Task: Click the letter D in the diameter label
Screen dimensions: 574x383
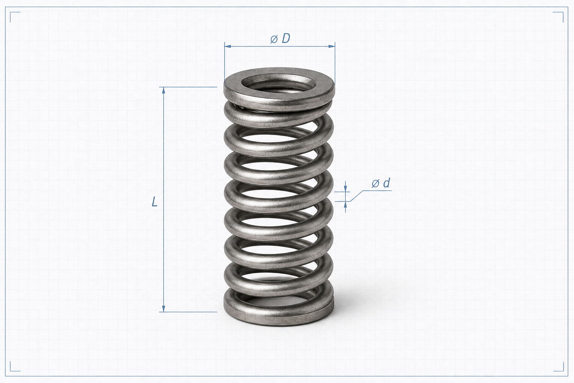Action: pyautogui.click(x=286, y=38)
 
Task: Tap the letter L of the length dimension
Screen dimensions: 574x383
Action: pyautogui.click(x=154, y=202)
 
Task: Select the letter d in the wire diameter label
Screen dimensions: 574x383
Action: pyautogui.click(x=386, y=183)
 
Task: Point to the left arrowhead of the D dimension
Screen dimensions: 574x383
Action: pyautogui.click(x=228, y=46)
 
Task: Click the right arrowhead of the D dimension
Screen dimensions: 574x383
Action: pyautogui.click(x=332, y=46)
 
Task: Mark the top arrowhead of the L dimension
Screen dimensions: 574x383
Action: pyautogui.click(x=163, y=90)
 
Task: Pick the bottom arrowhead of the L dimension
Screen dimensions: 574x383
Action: pyautogui.click(x=163, y=309)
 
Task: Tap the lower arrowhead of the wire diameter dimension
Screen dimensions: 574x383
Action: pyautogui.click(x=345, y=205)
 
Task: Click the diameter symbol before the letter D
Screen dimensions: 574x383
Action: pyautogui.click(x=274, y=39)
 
